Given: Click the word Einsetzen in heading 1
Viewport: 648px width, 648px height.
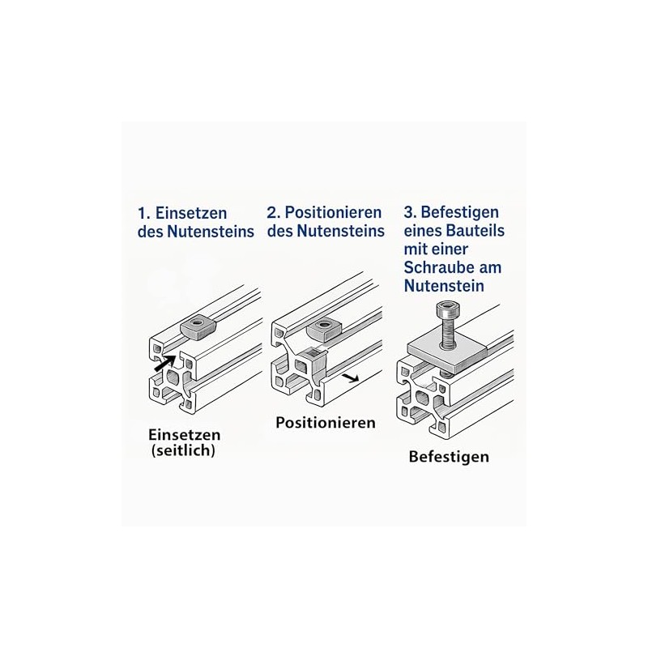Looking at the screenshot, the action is pyautogui.click(x=191, y=214).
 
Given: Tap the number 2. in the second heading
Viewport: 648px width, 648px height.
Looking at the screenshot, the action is pyautogui.click(x=274, y=213).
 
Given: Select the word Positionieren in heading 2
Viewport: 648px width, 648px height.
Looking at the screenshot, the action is pyautogui.click(x=333, y=213).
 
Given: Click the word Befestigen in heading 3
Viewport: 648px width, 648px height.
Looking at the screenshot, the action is pyautogui.click(x=459, y=213).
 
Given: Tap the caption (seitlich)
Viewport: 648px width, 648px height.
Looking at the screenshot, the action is pyautogui.click(x=183, y=450).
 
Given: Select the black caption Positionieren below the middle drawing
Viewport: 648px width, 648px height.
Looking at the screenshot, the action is pyautogui.click(x=326, y=423).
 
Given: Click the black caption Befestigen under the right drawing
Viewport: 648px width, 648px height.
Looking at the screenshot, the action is pyautogui.click(x=449, y=457).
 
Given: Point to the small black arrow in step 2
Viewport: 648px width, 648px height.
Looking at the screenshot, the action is pyautogui.click(x=351, y=377).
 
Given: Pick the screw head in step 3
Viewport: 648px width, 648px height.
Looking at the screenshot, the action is pyautogui.click(x=447, y=309).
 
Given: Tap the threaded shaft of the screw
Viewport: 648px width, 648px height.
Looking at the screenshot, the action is pyautogui.click(x=447, y=332).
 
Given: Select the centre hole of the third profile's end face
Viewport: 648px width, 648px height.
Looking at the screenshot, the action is pyautogui.click(x=422, y=399).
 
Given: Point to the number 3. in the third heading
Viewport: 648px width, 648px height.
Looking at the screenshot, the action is pyautogui.click(x=411, y=212).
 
